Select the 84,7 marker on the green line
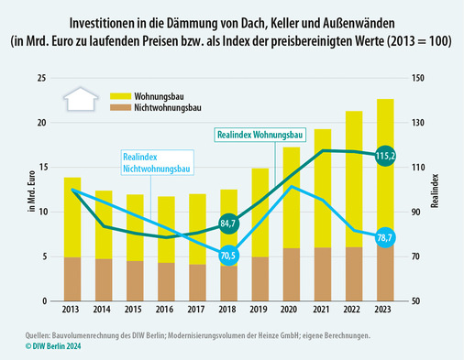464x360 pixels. click(229, 223)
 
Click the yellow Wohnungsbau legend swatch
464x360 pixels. click(120, 94)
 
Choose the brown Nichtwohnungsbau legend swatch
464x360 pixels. click(120, 107)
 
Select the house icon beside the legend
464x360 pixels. click(81, 100)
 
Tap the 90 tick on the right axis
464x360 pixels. click(417, 213)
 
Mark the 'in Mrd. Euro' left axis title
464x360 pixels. click(32, 191)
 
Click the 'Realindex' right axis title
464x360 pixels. click(445, 191)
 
